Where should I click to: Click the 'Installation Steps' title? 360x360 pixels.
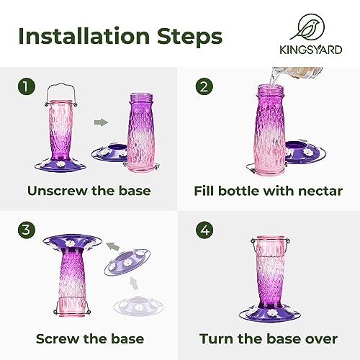tap(120, 36)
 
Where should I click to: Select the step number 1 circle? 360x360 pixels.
tap(27, 86)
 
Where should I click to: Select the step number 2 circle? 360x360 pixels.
tap(204, 86)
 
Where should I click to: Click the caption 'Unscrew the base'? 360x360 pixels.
tap(89, 191)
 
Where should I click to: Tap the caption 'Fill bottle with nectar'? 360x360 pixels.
tap(266, 191)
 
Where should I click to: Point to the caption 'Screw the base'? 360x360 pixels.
tap(89, 338)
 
